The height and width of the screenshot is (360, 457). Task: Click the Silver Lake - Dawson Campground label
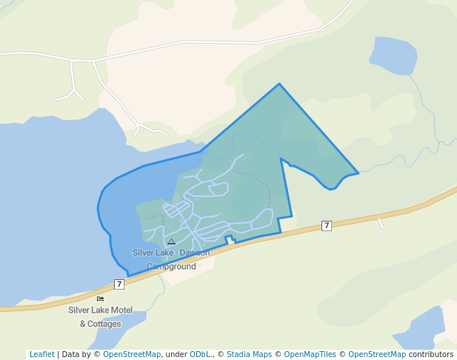click(x=171, y=259)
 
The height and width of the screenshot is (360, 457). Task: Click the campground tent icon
click(x=171, y=241)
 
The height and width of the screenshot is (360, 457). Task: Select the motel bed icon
click(x=100, y=299)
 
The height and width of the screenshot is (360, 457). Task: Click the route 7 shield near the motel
click(x=119, y=284)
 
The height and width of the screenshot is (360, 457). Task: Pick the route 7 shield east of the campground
click(x=326, y=225)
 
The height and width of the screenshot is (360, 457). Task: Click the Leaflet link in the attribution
click(x=41, y=354)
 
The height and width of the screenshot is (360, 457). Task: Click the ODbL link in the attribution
click(x=201, y=354)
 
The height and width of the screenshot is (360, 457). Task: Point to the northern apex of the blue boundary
click(x=279, y=84)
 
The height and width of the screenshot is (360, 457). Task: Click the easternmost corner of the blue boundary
click(x=358, y=173)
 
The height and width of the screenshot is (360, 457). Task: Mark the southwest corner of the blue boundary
click(x=128, y=276)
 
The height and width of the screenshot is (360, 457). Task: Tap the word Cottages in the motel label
click(x=104, y=324)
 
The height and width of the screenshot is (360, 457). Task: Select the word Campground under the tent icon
click(x=171, y=266)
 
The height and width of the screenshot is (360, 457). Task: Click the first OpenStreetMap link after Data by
click(x=132, y=354)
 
